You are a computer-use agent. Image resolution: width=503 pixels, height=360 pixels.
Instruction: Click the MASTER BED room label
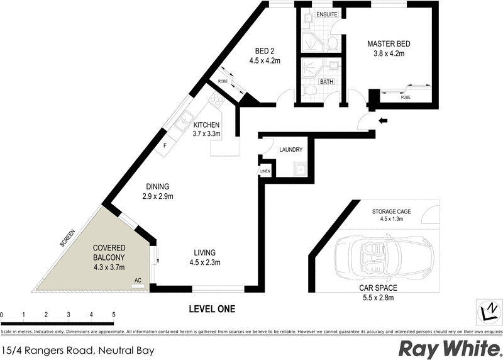tap(389, 44)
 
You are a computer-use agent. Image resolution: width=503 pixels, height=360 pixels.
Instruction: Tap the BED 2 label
tap(264, 52)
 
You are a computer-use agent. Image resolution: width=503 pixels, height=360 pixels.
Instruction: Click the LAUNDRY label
tap(291, 150)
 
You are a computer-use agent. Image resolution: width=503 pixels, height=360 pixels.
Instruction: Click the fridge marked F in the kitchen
tap(165, 145)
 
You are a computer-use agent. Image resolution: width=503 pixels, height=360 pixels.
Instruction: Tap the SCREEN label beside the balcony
tap(67, 238)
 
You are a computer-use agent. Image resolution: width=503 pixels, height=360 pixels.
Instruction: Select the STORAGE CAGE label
tap(391, 212)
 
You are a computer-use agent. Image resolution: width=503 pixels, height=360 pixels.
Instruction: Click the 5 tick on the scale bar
tap(114, 314)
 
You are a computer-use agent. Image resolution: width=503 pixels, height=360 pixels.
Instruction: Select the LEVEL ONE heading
tap(213, 309)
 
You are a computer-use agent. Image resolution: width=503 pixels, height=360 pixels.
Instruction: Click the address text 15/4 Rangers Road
tap(78, 349)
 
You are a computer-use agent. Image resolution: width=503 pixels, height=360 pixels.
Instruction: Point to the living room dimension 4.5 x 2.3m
tap(206, 263)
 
